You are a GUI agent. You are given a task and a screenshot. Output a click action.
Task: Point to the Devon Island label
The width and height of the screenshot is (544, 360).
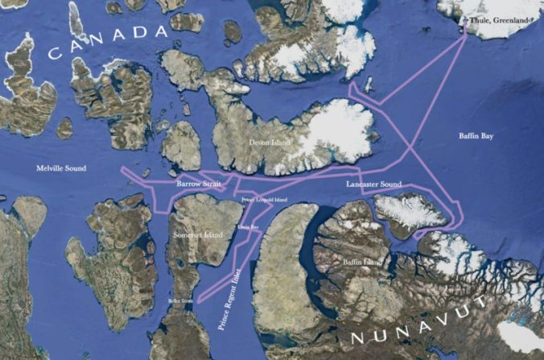click(x=269, y=143)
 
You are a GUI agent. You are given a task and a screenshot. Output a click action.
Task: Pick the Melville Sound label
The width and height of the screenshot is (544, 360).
click(x=61, y=168)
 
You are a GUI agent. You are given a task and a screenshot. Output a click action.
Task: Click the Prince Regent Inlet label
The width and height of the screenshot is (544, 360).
click(x=233, y=290)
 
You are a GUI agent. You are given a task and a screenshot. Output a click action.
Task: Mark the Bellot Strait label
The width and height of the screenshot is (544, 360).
click(x=181, y=300)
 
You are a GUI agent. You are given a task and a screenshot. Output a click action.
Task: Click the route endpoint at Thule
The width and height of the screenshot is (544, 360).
click(x=466, y=28)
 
